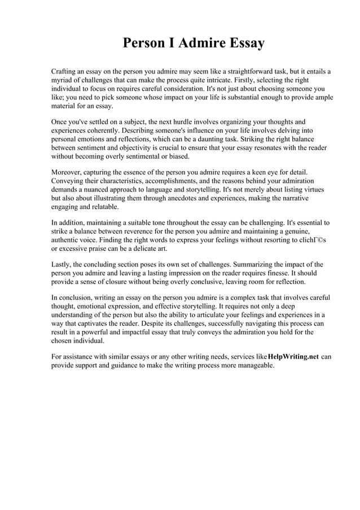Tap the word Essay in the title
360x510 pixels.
[x=244, y=43]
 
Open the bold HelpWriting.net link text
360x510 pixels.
[x=293, y=356]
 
